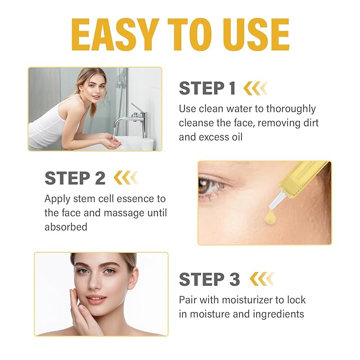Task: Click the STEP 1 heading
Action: coord(207,88)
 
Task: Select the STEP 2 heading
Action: coord(75,178)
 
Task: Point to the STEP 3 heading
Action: coord(209,279)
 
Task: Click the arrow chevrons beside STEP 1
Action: coord(255,88)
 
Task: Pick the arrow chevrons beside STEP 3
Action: coord(261,279)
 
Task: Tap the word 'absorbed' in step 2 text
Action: coord(66,226)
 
